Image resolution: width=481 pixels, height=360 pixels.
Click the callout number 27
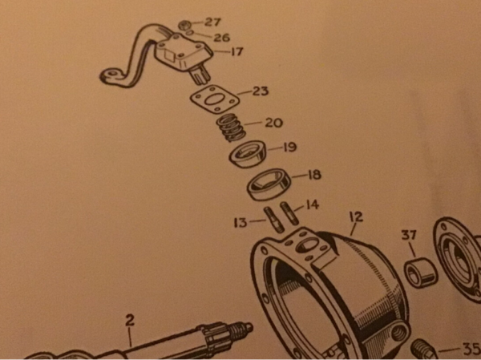pos(212,22)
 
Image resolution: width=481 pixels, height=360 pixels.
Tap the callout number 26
pos(221,38)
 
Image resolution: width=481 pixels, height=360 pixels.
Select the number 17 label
pos(236,51)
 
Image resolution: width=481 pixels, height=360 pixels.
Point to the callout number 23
pos(260,91)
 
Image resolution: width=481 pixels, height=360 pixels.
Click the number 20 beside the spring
pos(273,123)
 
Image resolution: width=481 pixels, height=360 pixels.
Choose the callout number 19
pos(290,147)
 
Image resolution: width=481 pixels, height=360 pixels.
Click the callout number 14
pos(313,204)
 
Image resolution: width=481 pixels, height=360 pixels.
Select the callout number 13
pos(240,223)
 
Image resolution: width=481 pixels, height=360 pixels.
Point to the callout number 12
pos(356,216)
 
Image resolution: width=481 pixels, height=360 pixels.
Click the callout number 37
pos(409,235)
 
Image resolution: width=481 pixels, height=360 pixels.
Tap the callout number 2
pos(130,321)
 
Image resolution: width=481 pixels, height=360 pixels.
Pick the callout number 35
pos(471,348)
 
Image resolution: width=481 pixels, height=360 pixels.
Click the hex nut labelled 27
pos(185,25)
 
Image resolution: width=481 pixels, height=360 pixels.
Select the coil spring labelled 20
pos(231,127)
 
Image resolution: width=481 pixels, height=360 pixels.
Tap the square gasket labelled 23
pos(214,99)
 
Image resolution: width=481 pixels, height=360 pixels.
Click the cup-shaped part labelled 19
pos(248,154)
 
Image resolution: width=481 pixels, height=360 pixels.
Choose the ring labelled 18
pos(269,184)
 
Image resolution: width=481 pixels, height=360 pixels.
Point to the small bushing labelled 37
pos(421,273)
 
